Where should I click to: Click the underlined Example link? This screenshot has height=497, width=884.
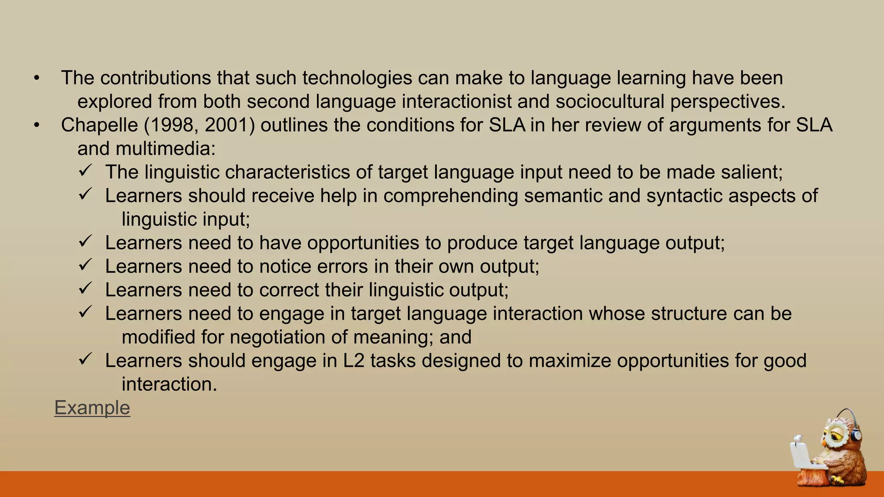(x=92, y=408)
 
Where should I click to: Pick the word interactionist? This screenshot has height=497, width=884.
(x=457, y=102)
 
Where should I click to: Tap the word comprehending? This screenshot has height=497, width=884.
(x=451, y=196)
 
